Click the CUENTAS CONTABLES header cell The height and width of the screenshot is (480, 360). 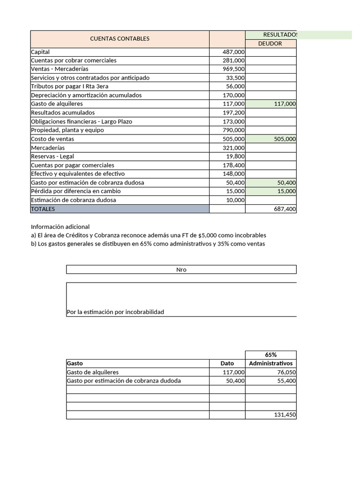click(x=120, y=39)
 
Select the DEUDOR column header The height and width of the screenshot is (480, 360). click(x=270, y=44)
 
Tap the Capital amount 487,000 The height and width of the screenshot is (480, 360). click(x=233, y=52)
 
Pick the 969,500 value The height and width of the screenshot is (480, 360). click(x=233, y=69)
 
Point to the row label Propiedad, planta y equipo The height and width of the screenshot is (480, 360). click(x=67, y=130)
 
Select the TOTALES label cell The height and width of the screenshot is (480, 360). click(x=43, y=209)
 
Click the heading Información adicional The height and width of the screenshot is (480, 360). click(x=60, y=227)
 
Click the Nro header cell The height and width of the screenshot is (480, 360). click(x=181, y=270)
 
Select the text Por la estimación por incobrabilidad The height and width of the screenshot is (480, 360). click(x=115, y=312)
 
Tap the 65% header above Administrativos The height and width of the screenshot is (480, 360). click(x=270, y=355)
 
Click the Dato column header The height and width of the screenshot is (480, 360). click(x=227, y=363)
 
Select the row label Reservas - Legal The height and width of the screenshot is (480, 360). click(x=52, y=157)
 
